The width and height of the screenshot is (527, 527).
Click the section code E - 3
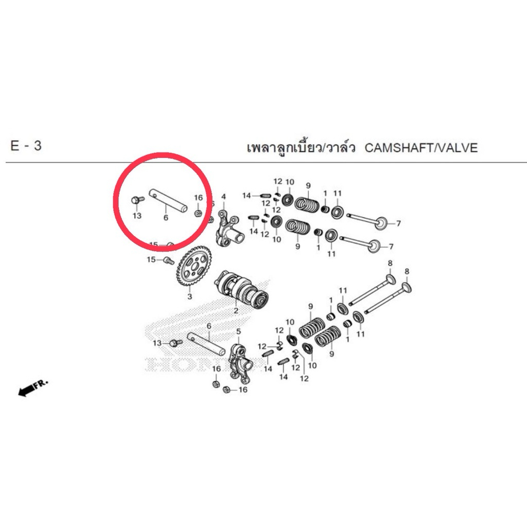coord(26,146)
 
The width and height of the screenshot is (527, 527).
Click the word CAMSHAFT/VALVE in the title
coord(421,148)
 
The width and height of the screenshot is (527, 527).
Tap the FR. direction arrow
coord(33,389)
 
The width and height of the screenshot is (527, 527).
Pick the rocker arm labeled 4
coord(230,227)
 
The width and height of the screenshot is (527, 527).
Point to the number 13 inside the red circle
coord(137,216)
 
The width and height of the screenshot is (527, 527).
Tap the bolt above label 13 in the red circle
coord(137,200)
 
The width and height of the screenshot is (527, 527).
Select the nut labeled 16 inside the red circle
coord(198,213)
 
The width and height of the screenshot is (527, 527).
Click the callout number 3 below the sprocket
coord(190,296)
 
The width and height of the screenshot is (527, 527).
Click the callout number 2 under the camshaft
coord(236,310)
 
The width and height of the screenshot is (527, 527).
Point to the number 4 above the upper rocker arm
coord(223,197)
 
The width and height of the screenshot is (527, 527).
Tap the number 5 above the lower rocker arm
coord(238,331)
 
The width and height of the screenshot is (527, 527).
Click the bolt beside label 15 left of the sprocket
coord(168,260)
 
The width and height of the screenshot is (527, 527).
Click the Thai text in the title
coord(301,148)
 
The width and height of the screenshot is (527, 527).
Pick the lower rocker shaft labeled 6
coord(206,343)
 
